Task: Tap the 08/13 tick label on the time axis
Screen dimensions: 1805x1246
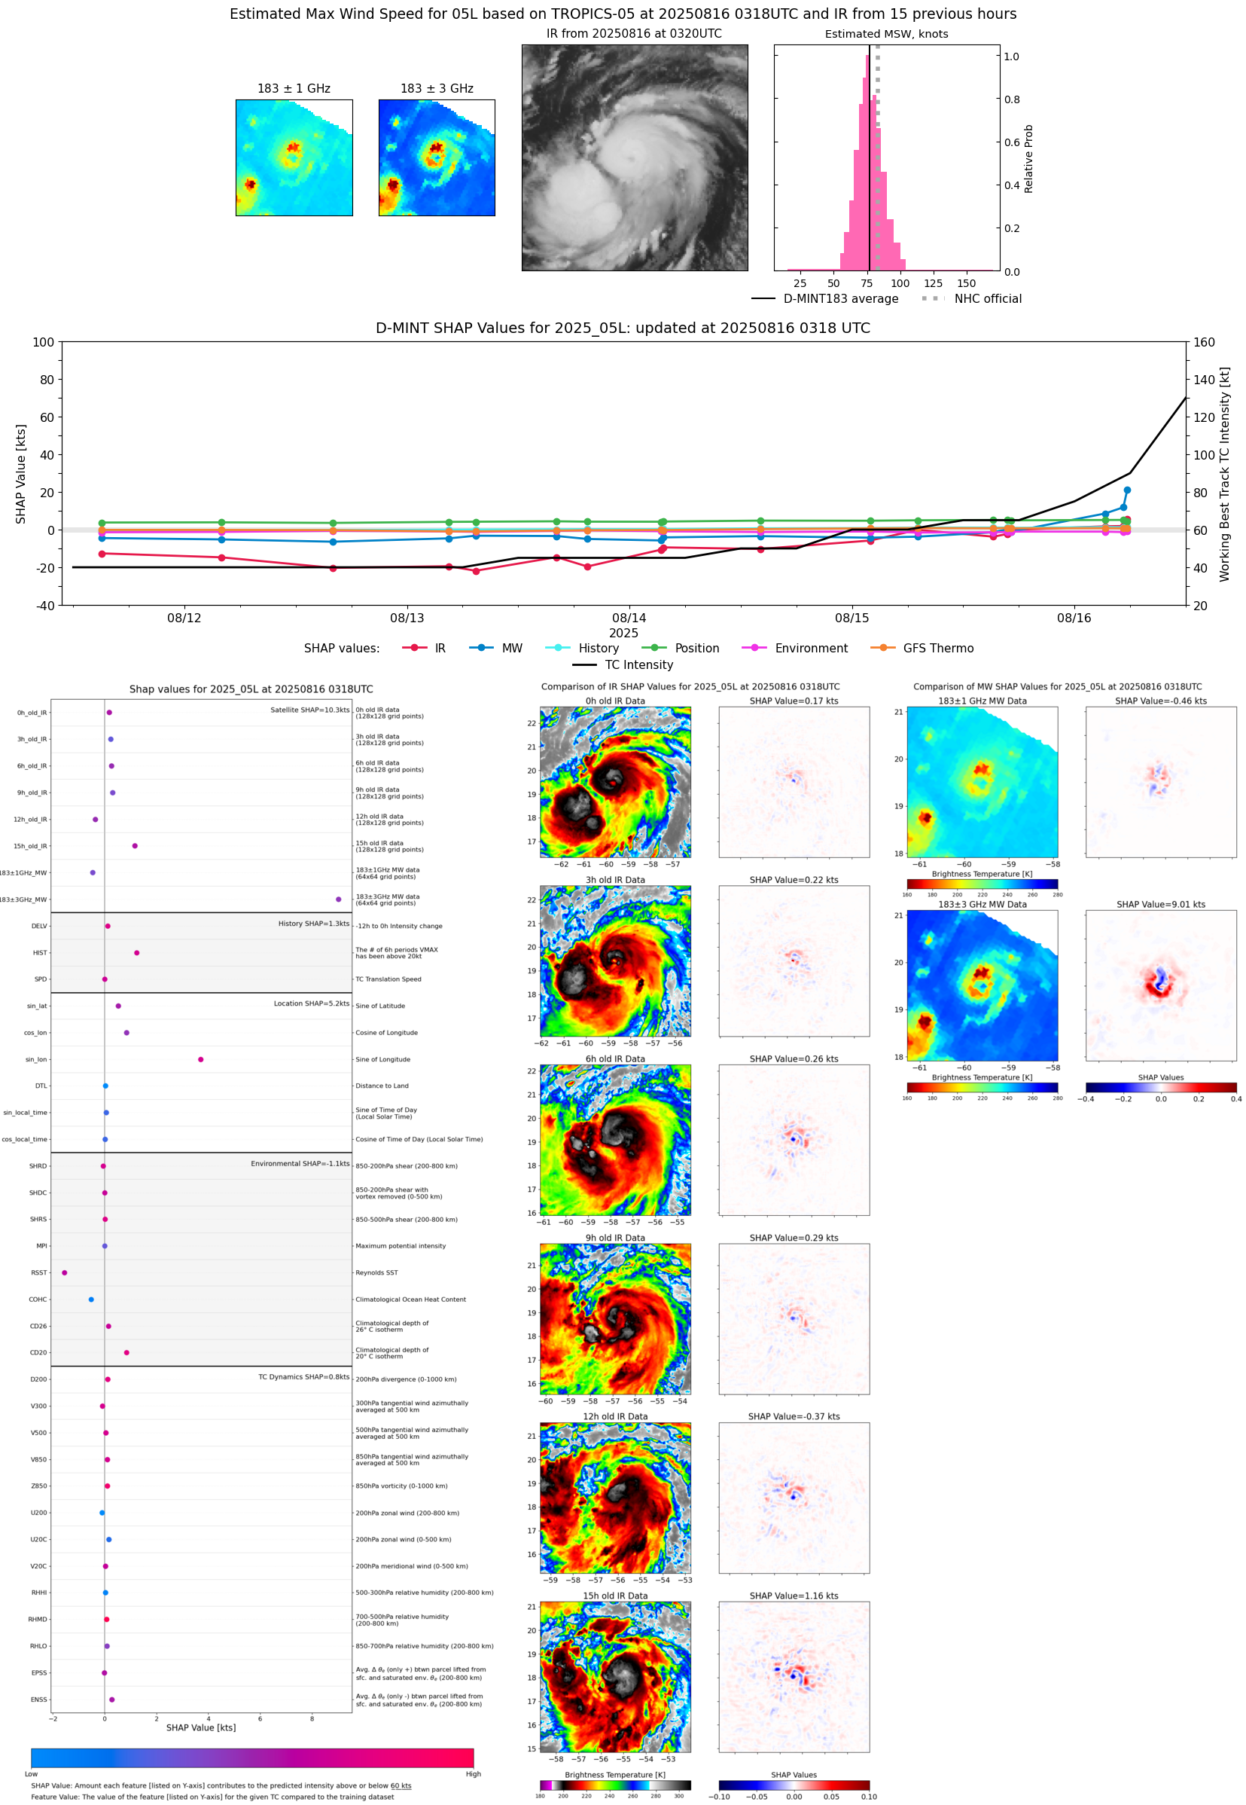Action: click(x=407, y=618)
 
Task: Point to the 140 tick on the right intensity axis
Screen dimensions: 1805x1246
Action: click(x=1204, y=380)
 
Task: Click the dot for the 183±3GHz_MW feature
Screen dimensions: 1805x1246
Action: click(x=338, y=899)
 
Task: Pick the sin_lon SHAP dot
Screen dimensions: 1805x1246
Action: click(x=201, y=1059)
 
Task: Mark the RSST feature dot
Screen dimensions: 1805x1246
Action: click(x=65, y=1272)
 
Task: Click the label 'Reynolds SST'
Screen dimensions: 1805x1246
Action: click(x=376, y=1272)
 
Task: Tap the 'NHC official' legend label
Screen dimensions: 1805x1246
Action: click(x=987, y=298)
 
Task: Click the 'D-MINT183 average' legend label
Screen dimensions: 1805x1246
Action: click(x=840, y=298)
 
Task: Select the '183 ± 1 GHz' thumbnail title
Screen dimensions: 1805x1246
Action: click(x=294, y=89)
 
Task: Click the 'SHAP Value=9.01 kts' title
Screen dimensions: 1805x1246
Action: click(x=1160, y=905)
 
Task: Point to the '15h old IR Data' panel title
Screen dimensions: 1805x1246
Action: click(x=615, y=1596)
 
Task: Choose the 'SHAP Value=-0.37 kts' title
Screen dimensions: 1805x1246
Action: click(x=794, y=1416)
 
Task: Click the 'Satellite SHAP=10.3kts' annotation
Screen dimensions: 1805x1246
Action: click(x=309, y=710)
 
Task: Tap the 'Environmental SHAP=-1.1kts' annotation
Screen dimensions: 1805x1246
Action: click(x=300, y=1164)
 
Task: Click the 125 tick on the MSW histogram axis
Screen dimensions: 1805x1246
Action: click(x=933, y=283)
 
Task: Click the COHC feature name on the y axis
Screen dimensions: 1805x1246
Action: click(x=38, y=1300)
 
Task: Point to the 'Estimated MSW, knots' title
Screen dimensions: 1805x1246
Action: click(x=886, y=35)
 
